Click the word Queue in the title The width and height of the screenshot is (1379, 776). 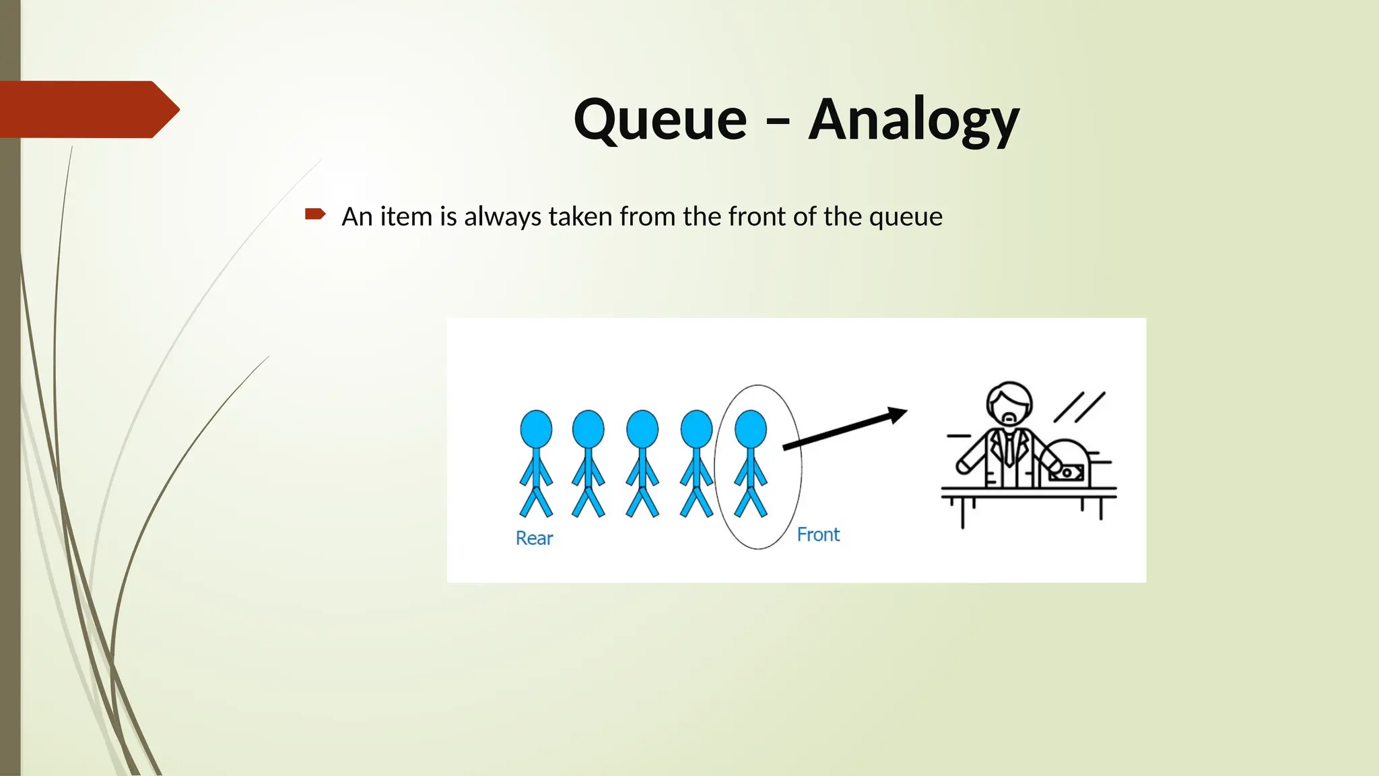pyautogui.click(x=660, y=120)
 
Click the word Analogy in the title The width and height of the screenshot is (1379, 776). pyautogui.click(x=914, y=120)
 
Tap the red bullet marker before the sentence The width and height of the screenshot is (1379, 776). pyautogui.click(x=314, y=214)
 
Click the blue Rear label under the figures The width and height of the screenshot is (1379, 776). pyautogui.click(x=534, y=538)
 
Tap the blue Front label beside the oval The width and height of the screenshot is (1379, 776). pyautogui.click(x=818, y=535)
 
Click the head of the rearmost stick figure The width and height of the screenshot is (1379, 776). pyautogui.click(x=536, y=428)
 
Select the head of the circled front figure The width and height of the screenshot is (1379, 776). pyautogui.click(x=750, y=428)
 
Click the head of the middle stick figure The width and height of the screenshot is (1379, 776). pyautogui.click(x=642, y=428)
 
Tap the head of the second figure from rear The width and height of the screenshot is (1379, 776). pyautogui.click(x=588, y=428)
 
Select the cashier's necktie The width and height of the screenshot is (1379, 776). pyautogui.click(x=1009, y=448)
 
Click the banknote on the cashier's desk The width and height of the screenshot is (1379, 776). pyautogui.click(x=1067, y=473)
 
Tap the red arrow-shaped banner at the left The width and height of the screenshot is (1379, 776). pyautogui.click(x=88, y=109)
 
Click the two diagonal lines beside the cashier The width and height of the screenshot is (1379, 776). pyautogui.click(x=1079, y=407)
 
